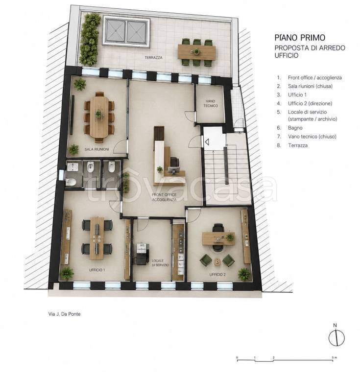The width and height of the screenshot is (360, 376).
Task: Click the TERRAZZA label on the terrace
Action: tap(153, 58)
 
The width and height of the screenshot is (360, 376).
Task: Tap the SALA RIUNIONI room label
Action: tap(96, 149)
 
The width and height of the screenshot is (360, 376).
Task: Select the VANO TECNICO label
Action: tap(211, 103)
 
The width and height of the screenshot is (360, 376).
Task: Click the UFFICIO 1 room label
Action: tap(97, 270)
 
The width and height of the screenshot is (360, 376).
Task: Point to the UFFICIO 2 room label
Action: tap(217, 275)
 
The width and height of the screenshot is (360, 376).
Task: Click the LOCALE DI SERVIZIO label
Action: tap(160, 263)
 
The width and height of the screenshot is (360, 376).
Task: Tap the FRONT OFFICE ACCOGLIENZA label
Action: tap(164, 197)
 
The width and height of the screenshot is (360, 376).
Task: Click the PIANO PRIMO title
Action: tap(300, 38)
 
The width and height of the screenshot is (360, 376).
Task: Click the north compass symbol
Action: tap(336, 338)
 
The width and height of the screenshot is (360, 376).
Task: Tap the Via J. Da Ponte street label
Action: tap(64, 314)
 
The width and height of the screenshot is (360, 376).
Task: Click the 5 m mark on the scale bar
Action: tap(333, 358)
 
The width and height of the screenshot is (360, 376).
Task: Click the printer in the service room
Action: tap(142, 254)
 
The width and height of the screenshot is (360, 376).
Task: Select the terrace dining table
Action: tap(197, 52)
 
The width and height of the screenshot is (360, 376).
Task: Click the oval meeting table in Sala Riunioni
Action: tap(99, 117)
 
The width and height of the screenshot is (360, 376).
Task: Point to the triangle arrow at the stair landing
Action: tap(207, 142)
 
